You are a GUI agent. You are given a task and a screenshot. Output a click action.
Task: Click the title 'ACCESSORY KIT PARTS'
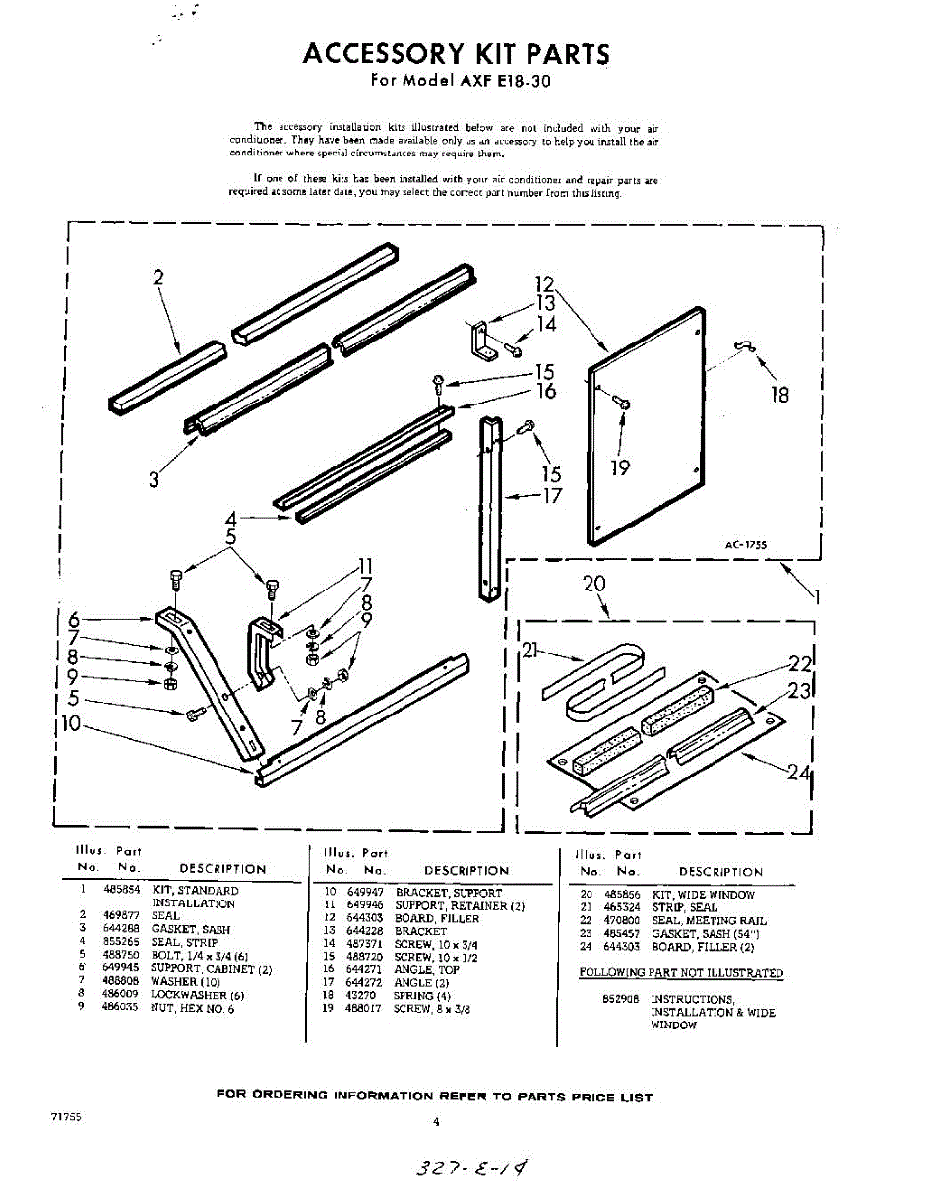coord(456,53)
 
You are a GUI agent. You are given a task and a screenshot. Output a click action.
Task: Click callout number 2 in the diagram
coord(157,278)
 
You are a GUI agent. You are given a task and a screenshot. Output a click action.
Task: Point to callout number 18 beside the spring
coord(779,395)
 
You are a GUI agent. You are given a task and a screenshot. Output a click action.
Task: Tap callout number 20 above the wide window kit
coord(593,584)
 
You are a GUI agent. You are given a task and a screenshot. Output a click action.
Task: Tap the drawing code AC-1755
coord(747,543)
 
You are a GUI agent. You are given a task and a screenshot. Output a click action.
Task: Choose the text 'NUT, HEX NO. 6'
coord(193,1008)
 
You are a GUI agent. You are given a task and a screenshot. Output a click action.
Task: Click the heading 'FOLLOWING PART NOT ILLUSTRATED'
coord(681,973)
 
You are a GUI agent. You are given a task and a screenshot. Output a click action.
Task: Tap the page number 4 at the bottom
coord(435,1122)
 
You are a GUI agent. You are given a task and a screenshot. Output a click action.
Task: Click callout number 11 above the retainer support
coord(365,566)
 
